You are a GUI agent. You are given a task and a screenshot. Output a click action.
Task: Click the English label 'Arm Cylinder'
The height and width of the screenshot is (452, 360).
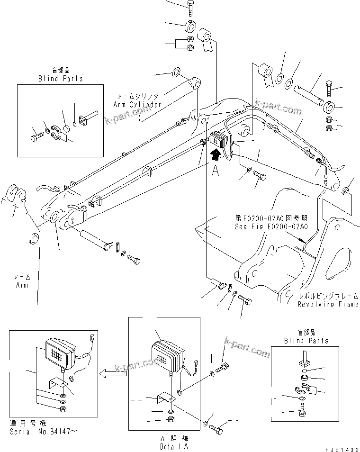click(137, 104)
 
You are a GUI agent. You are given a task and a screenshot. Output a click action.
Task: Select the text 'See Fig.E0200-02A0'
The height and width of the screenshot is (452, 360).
click(271, 226)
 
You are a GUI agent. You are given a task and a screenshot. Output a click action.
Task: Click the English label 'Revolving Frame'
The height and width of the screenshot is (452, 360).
click(328, 304)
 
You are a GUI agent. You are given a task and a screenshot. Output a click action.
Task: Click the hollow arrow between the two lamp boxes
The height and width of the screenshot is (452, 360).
click(113, 373)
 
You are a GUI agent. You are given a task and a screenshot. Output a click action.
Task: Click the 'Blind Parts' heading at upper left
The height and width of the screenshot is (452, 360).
click(60, 79)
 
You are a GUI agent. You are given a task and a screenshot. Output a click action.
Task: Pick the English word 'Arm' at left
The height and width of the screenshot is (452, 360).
click(22, 285)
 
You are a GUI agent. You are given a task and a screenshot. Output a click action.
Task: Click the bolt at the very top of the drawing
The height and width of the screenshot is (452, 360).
click(189, 7)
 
